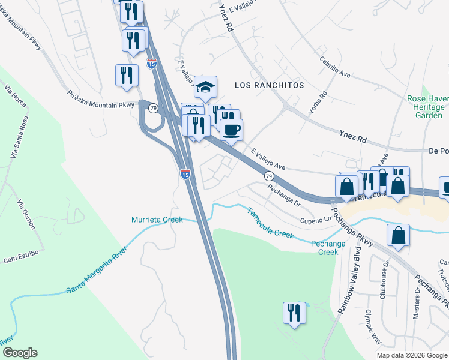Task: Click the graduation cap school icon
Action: click(205, 88)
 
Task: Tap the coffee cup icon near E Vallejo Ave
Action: click(232, 129)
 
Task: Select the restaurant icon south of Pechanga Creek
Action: click(294, 313)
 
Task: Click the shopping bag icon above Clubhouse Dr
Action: click(399, 236)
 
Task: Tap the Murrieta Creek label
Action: click(157, 220)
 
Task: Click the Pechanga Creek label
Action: click(328, 247)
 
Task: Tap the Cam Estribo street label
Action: click(21, 255)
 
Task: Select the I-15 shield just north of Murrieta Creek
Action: click(185, 174)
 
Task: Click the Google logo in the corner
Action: click(20, 353)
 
